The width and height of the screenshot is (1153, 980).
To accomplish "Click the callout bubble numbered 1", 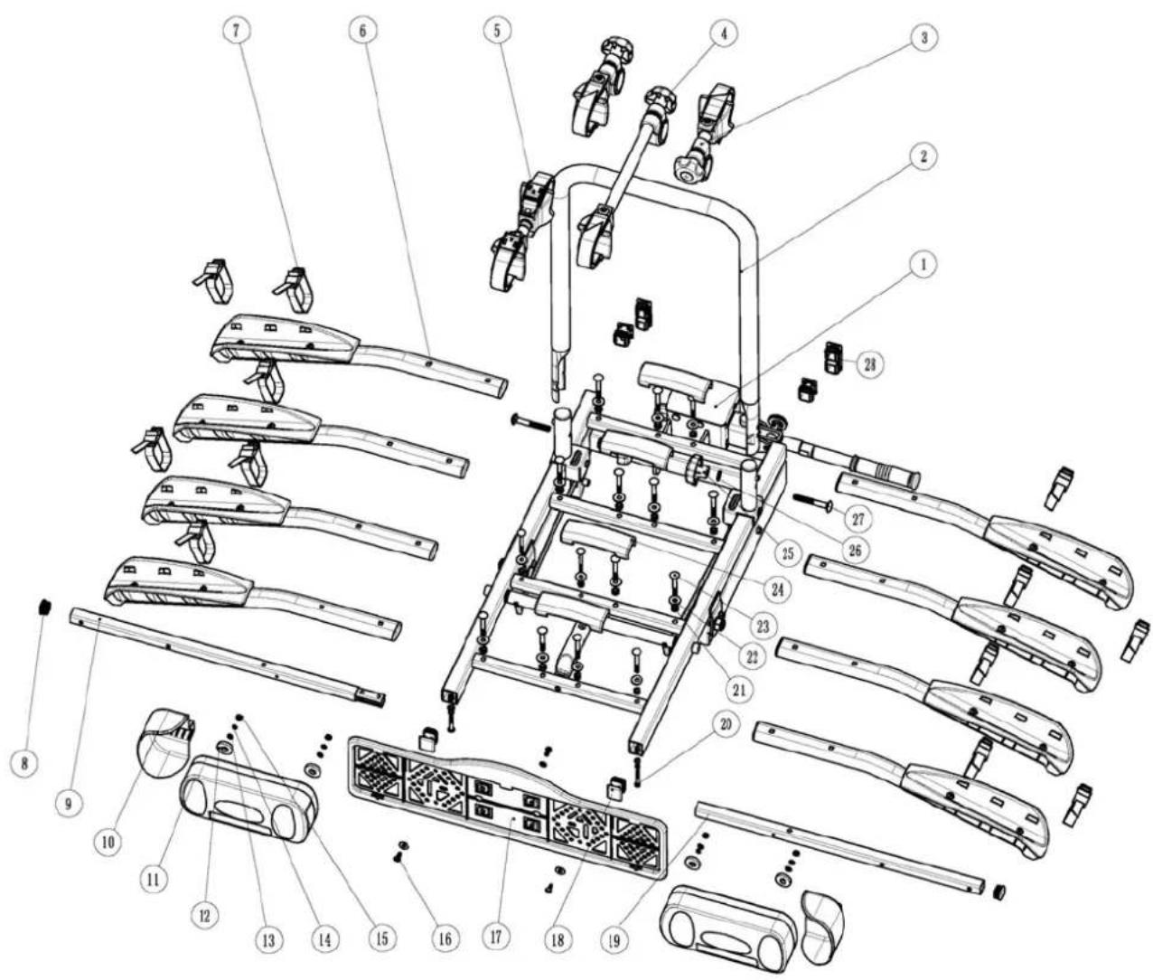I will (x=923, y=264).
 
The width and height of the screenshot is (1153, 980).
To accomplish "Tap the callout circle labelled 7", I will (x=237, y=30).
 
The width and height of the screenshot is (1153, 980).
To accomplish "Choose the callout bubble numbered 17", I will (x=495, y=937).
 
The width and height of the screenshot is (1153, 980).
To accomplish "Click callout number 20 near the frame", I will (x=724, y=724).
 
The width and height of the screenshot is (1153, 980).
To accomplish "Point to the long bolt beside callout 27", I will (x=811, y=500).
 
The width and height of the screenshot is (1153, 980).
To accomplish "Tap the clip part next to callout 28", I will (x=833, y=358).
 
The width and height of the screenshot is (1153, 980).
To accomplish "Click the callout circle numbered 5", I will (x=496, y=30).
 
